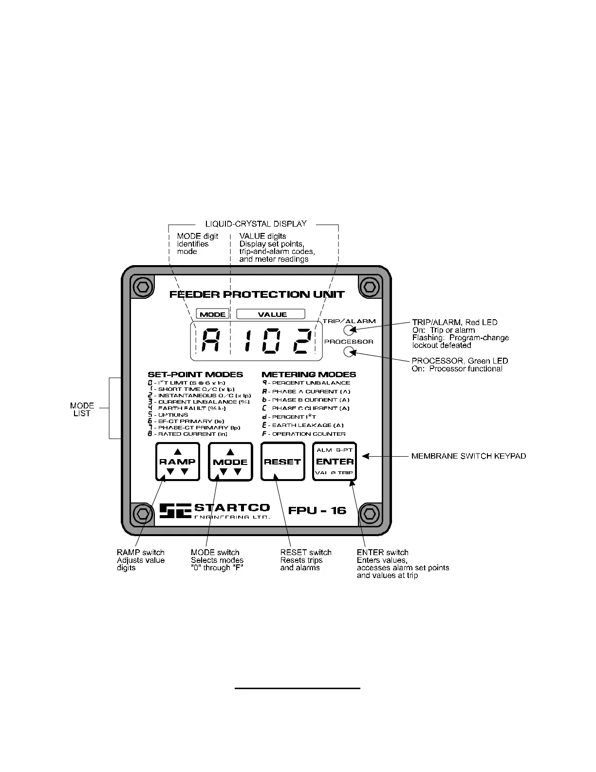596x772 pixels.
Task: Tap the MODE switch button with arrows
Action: [x=230, y=462]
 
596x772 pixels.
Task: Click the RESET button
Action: [x=282, y=462]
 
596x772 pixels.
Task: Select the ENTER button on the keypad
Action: [x=335, y=462]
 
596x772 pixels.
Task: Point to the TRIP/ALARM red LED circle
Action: [x=349, y=330]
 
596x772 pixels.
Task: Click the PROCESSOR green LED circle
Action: [x=349, y=351]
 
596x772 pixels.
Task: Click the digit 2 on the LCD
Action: [x=302, y=341]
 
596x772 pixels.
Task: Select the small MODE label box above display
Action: [x=212, y=314]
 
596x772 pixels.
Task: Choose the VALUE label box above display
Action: [x=271, y=314]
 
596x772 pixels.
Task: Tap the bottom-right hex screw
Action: [x=369, y=513]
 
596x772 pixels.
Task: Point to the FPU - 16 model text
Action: [x=317, y=510]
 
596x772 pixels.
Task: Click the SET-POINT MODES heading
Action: [x=195, y=374]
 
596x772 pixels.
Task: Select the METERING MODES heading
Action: [x=309, y=374]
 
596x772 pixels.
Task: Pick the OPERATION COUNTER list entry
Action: [x=308, y=434]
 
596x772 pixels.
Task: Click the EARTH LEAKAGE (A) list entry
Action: [x=307, y=425]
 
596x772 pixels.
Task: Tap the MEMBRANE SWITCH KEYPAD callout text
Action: [x=468, y=456]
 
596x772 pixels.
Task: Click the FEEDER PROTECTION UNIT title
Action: [x=257, y=294]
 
